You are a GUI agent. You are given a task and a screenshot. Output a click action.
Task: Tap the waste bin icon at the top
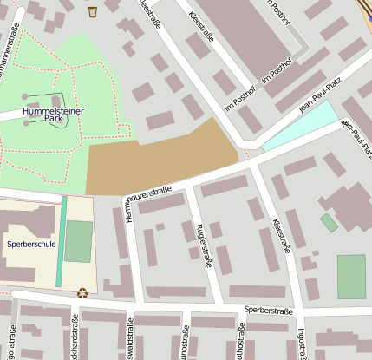[93, 11]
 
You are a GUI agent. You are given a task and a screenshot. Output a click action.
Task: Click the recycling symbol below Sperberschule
[82, 292]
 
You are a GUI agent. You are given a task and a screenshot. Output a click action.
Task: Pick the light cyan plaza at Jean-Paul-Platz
[299, 126]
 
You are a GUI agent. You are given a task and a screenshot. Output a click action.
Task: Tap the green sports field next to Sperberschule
[78, 241]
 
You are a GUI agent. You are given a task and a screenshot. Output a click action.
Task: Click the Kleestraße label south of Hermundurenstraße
[281, 235]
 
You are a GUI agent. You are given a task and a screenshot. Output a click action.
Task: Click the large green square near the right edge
[351, 276]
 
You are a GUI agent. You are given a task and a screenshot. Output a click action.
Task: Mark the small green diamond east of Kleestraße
[329, 222]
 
